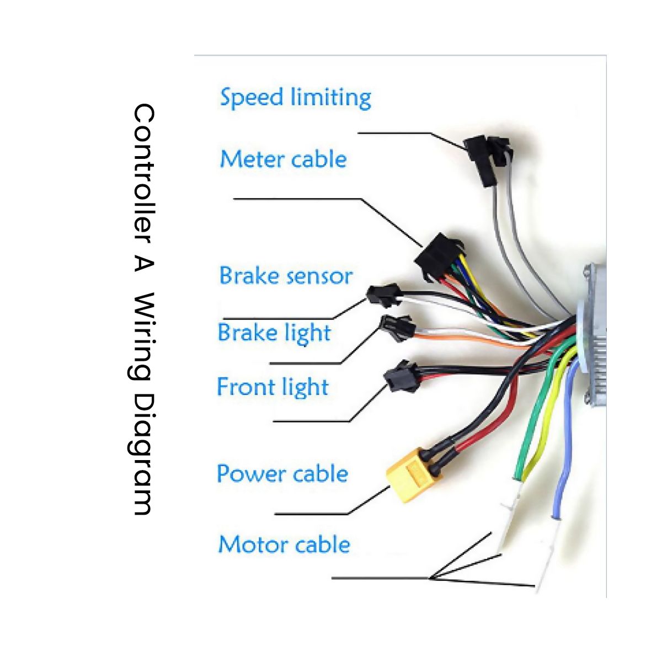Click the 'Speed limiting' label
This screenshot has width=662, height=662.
point(295,98)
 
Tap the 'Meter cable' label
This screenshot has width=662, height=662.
point(283,159)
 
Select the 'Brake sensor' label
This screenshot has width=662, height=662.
point(285,276)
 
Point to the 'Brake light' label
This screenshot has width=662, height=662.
point(274,333)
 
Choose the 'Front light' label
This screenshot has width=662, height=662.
point(273,387)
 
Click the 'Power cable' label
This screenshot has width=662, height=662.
point(282,474)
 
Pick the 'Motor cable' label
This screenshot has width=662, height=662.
point(284,544)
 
